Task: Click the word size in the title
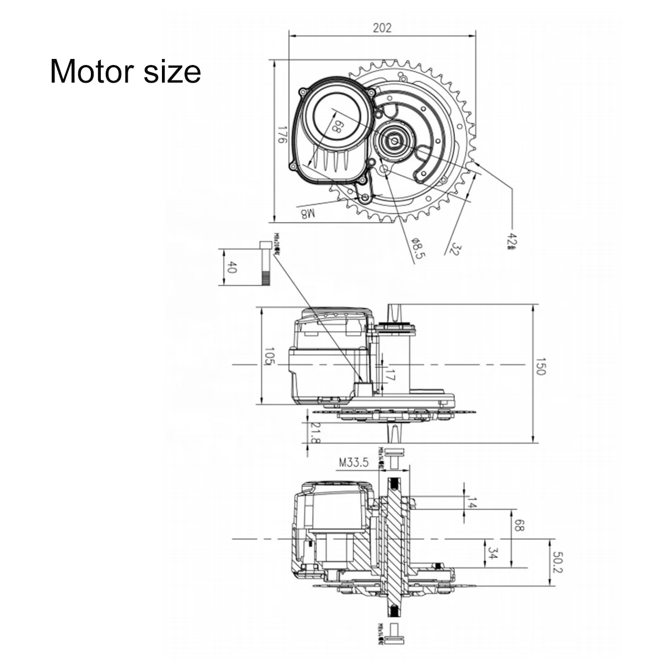(172, 72)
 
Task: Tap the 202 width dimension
(382, 28)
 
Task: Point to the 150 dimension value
(539, 370)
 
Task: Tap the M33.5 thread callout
(353, 463)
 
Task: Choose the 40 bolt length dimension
(232, 268)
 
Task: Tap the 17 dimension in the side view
(390, 377)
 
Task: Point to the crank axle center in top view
(395, 140)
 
